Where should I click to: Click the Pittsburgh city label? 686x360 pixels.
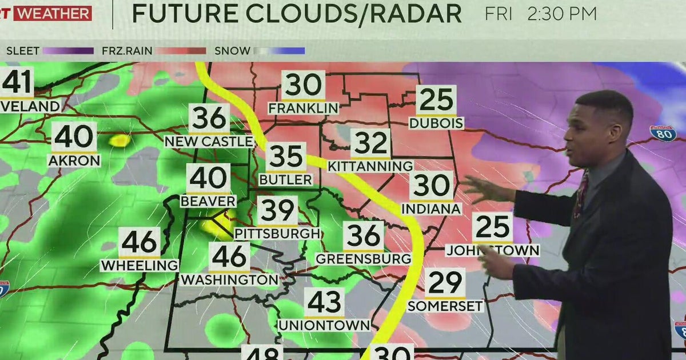277,234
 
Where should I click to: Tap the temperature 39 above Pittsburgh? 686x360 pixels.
277,211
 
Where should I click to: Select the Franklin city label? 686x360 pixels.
303,108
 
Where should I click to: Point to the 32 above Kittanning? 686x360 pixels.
370,143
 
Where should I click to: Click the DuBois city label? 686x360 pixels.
436,123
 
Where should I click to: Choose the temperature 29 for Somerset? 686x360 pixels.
445,283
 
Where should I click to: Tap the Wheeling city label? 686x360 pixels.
139,265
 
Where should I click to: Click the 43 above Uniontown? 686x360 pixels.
324,302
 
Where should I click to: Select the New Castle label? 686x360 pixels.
209,141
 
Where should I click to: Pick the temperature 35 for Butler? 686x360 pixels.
286,157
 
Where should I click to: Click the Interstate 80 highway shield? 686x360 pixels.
663,134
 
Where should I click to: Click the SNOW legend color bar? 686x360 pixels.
280,51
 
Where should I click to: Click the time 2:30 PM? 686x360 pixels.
561,14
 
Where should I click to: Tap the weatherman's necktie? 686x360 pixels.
580,194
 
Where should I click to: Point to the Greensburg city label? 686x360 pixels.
364,258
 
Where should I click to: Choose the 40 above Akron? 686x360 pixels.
74,137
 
